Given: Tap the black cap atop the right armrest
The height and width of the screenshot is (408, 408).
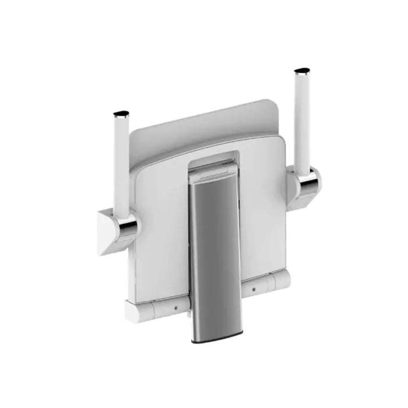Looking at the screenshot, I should coord(302,72).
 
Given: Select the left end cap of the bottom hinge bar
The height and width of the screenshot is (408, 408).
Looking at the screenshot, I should coord(132,313).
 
